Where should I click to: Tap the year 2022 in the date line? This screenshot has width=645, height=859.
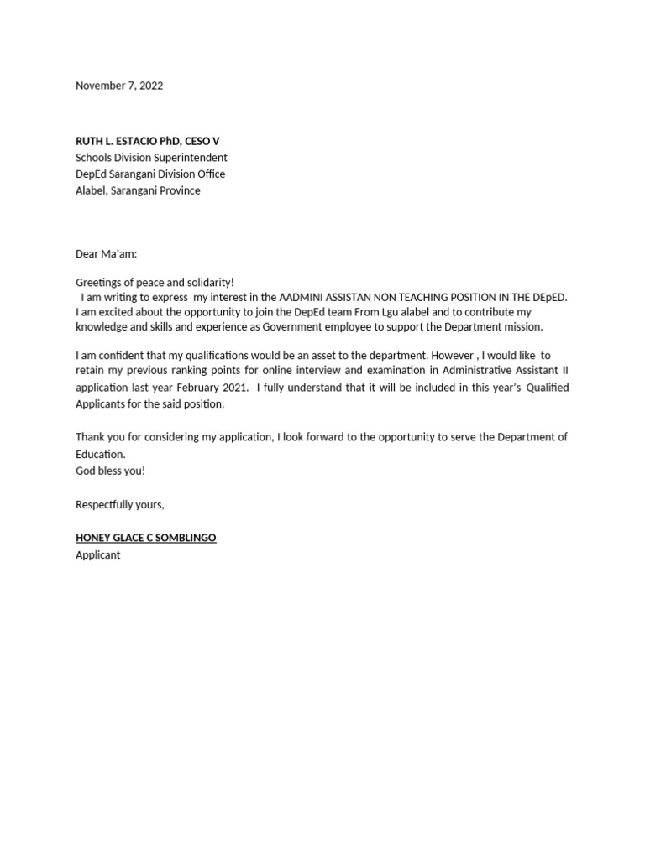coord(150,86)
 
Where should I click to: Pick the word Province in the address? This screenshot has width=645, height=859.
coord(179,190)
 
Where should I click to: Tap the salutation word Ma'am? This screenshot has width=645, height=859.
coord(121,254)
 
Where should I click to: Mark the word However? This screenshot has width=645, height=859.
coord(451,356)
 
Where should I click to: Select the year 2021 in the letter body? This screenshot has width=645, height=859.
coord(236,388)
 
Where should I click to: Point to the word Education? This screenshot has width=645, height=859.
coord(99,454)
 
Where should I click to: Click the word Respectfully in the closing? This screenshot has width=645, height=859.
coord(105,505)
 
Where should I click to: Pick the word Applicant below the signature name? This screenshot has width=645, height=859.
coord(98,555)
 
